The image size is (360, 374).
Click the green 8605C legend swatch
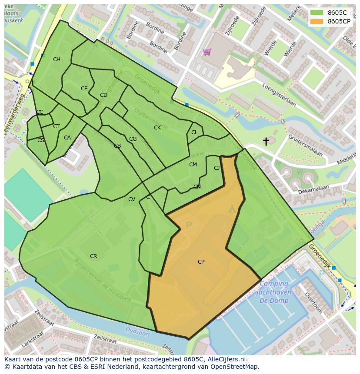tap(317, 13)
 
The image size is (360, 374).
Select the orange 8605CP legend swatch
tap(317, 21)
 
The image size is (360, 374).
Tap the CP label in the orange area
tap(201, 262)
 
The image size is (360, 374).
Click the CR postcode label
tap(93, 256)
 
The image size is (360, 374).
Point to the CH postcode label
tap(57, 60)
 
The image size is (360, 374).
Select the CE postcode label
tap(84, 89)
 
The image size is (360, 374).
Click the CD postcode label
tap(103, 95)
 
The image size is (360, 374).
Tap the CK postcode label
tap(157, 128)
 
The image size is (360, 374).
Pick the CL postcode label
tap(194, 132)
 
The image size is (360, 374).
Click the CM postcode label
tap(193, 165)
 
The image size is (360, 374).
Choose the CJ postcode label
tap(217, 168)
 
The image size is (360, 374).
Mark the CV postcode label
tap(132, 199)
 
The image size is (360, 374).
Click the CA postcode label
tap(67, 138)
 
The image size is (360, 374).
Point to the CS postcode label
tap(40, 140)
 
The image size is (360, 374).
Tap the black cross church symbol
tap(266, 141)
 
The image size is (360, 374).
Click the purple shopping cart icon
tap(207, 53)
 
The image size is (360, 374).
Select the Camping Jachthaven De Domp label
tap(275, 292)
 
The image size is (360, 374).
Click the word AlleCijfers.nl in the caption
tap(226, 359)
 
